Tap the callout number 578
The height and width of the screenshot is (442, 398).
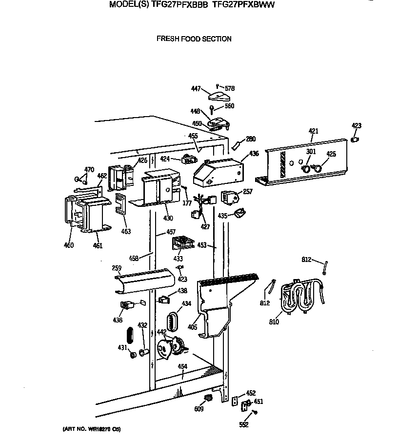coord(230,88)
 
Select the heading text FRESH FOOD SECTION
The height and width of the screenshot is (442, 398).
coord(194,39)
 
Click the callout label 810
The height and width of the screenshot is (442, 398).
coord(274,322)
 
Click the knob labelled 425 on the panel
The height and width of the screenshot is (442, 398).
coord(318,169)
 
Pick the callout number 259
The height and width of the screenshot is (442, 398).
coord(117,268)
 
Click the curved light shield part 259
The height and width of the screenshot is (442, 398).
coord(144,281)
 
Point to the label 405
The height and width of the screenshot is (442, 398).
coord(193,327)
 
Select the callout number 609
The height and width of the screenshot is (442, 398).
coord(199,409)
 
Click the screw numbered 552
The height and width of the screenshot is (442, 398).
coord(255,413)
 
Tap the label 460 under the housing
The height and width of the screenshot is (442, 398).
coord(69,245)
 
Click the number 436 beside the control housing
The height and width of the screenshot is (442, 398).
coord(254,154)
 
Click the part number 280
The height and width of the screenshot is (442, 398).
coord(251,139)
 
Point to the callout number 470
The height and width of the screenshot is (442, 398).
coord(89,170)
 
